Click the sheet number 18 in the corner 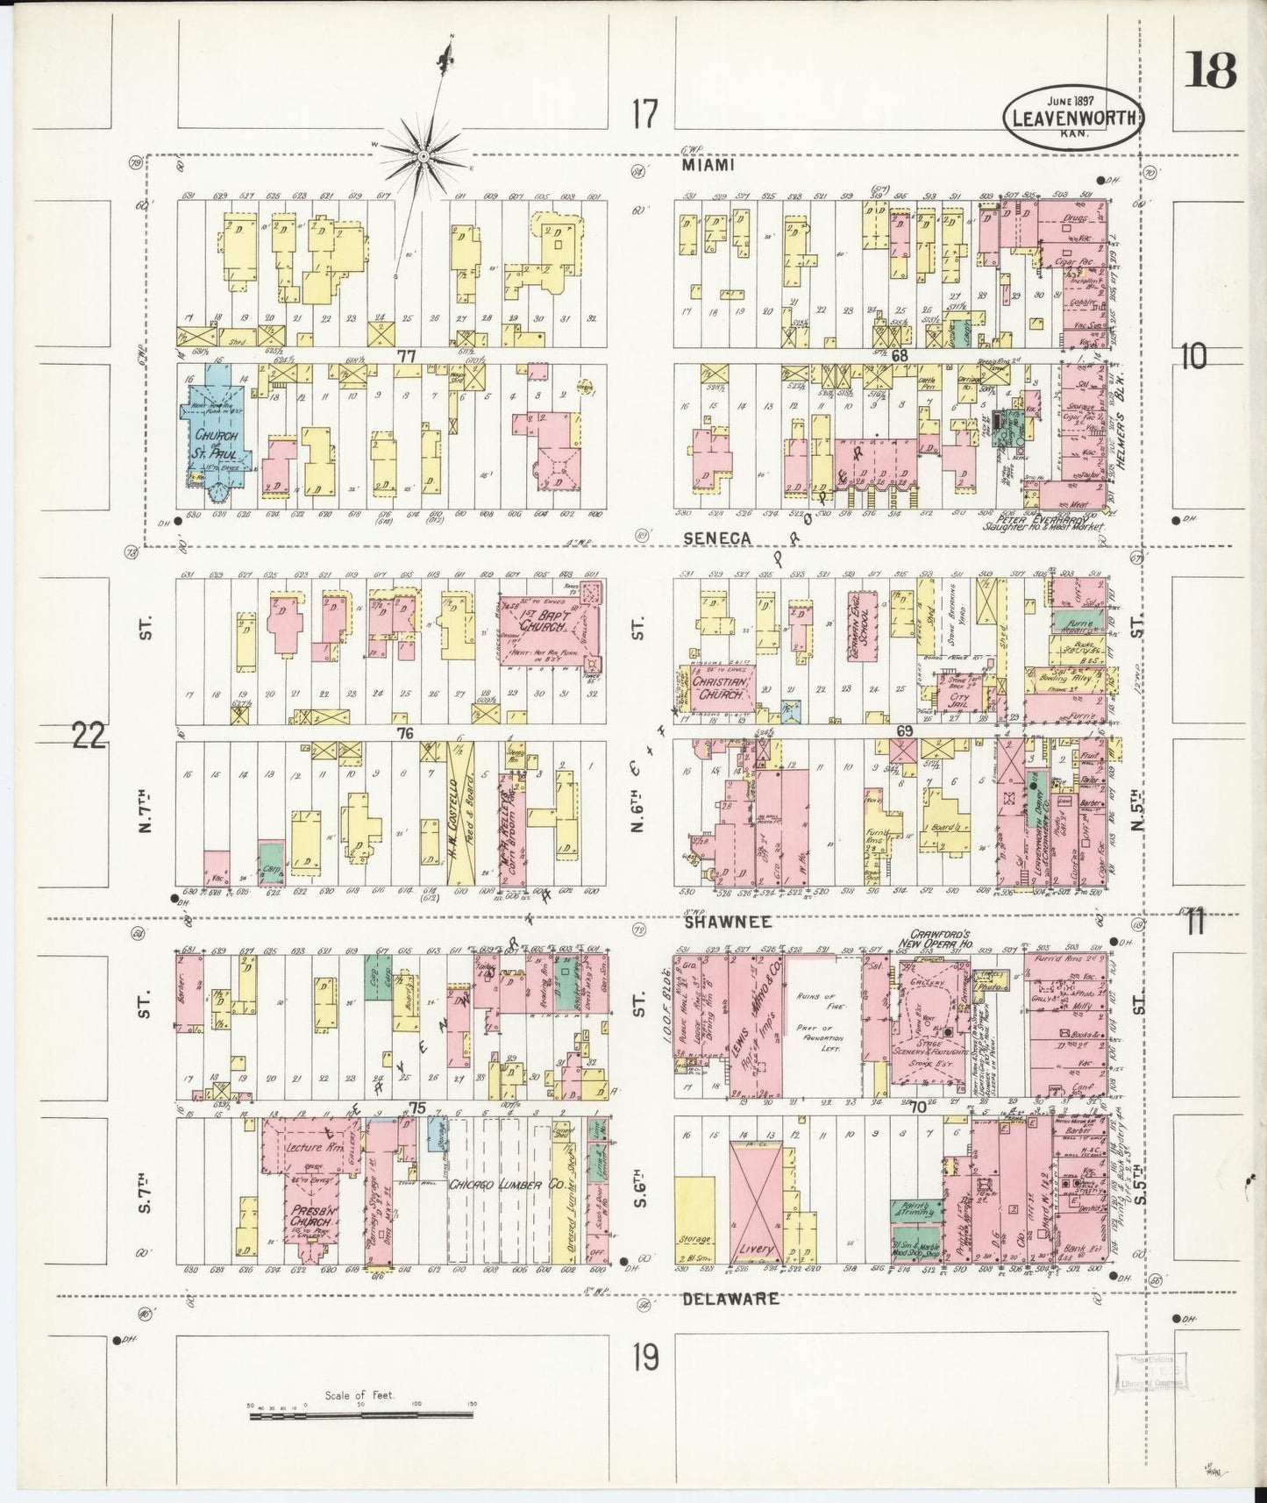tap(1212, 70)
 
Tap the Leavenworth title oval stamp tap(1074, 115)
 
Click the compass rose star tap(424, 156)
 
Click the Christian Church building tap(718, 687)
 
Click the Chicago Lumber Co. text tap(495, 1185)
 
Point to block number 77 tap(405, 356)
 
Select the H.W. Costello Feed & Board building tap(459, 813)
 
